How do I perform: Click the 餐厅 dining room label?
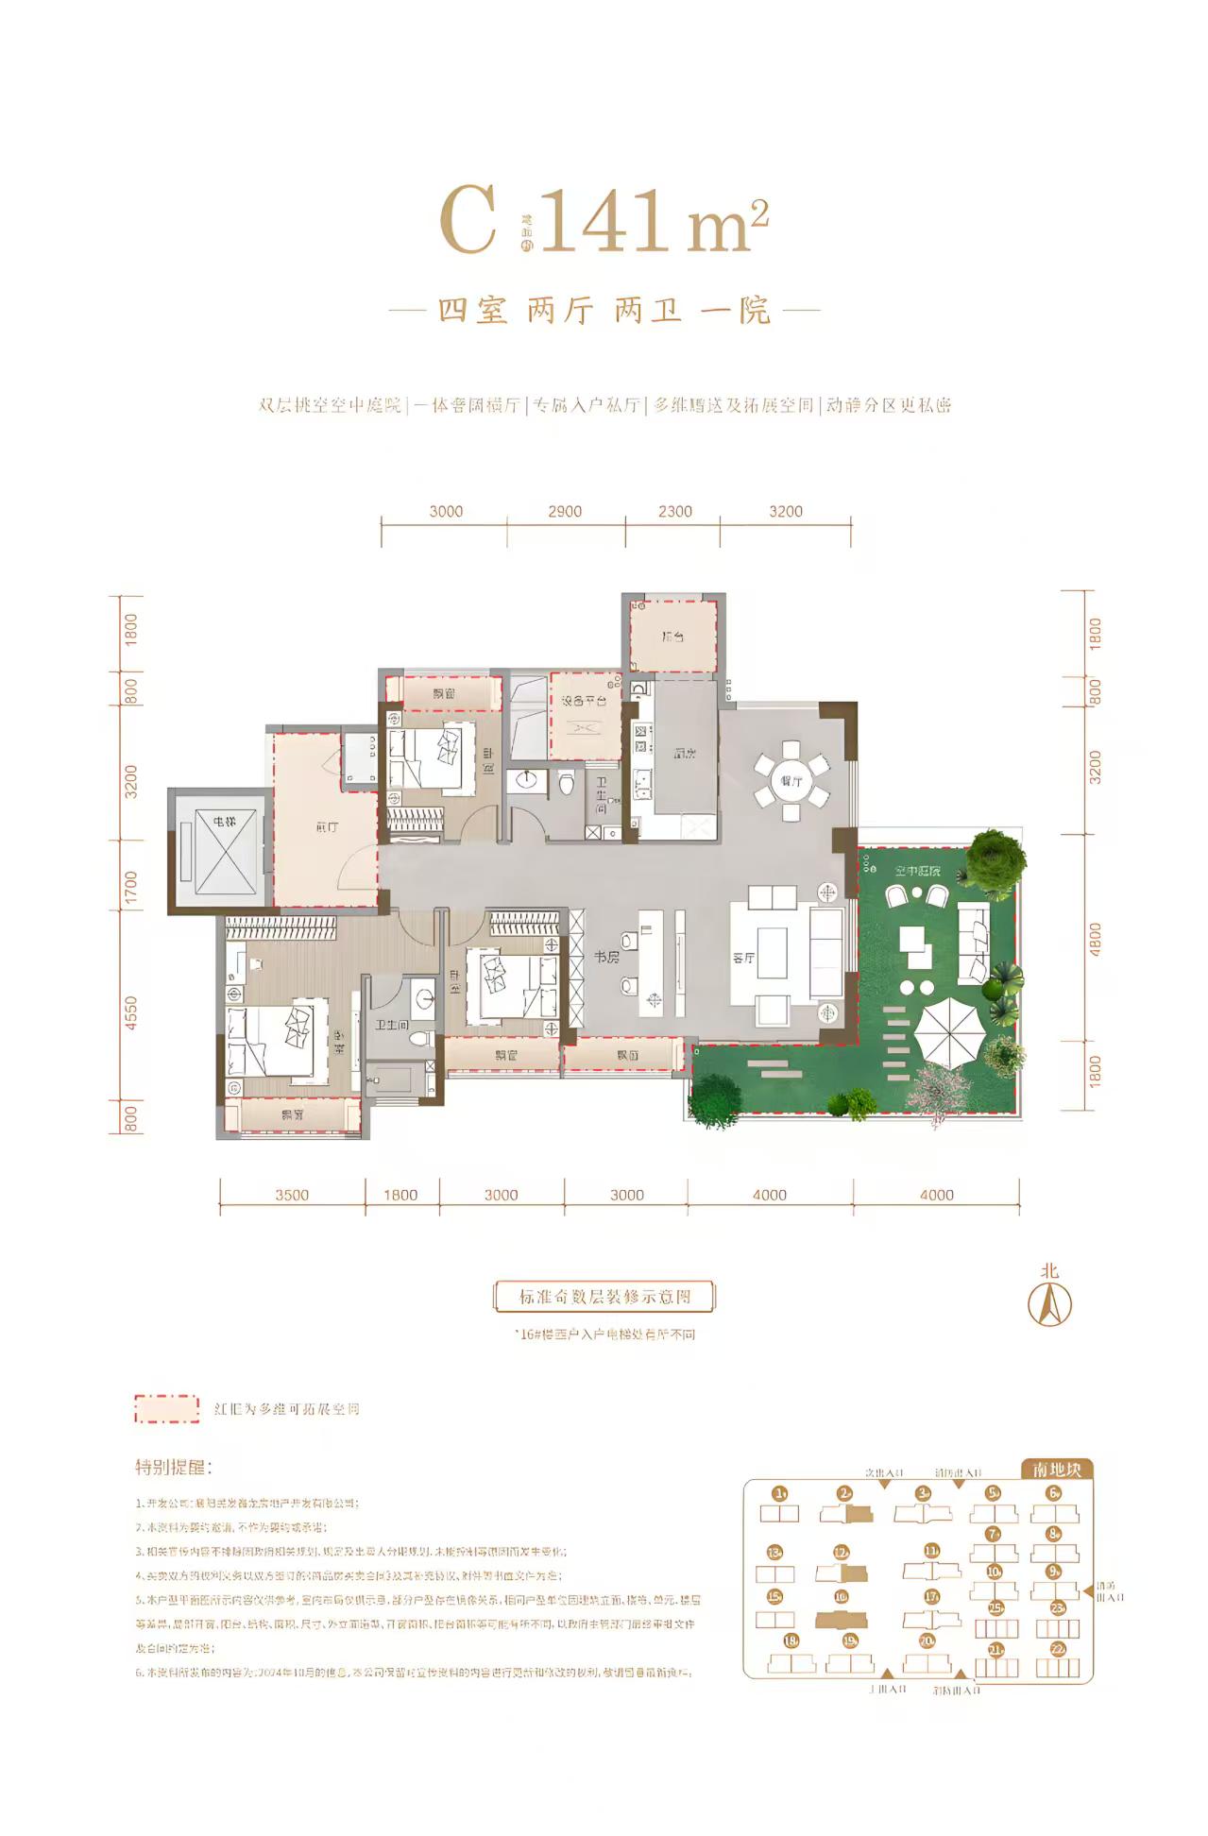click(x=791, y=781)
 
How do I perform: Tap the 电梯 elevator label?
click(x=224, y=822)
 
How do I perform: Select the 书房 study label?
click(x=606, y=957)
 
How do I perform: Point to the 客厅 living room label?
click(x=743, y=958)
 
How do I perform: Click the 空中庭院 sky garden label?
click(x=917, y=871)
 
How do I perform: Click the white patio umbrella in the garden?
click(x=950, y=1031)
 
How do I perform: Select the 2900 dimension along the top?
click(x=565, y=511)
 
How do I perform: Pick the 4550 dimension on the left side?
click(x=131, y=1012)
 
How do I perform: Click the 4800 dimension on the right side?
click(x=1095, y=939)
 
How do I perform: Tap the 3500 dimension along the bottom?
click(x=292, y=1195)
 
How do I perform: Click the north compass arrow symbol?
click(x=1049, y=1304)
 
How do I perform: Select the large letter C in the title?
click(x=468, y=222)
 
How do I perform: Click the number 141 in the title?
click(x=603, y=222)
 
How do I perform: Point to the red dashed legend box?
click(x=167, y=1408)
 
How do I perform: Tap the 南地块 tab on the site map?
click(x=1057, y=1470)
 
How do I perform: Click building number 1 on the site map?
click(x=779, y=1493)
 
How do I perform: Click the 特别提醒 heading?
click(x=173, y=1467)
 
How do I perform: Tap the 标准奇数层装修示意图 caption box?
click(x=604, y=1297)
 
